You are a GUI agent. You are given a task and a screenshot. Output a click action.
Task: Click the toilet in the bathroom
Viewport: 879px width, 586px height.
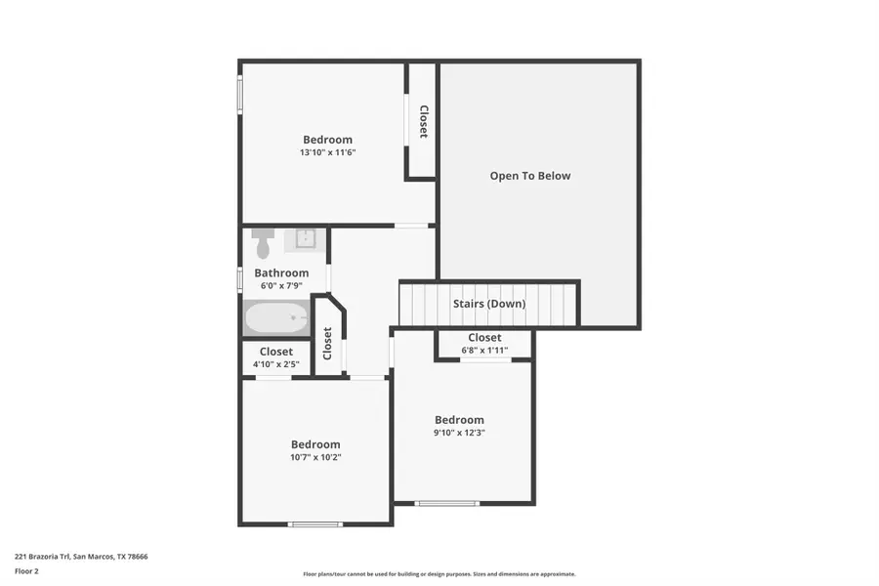pyautogui.click(x=262, y=243)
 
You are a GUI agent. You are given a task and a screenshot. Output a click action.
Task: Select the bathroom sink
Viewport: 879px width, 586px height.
pyautogui.click(x=305, y=238)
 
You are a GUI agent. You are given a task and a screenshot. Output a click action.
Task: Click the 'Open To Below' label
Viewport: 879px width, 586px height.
pyautogui.click(x=530, y=176)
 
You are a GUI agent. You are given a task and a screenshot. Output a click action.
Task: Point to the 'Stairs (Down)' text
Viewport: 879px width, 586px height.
pyautogui.click(x=489, y=304)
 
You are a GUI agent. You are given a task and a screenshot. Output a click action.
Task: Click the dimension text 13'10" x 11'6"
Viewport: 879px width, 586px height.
pyautogui.click(x=327, y=152)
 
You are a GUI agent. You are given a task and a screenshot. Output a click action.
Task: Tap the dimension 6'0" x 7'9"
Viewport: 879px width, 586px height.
pyautogui.click(x=281, y=286)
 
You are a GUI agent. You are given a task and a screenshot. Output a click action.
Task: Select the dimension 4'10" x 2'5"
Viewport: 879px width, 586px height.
pyautogui.click(x=275, y=365)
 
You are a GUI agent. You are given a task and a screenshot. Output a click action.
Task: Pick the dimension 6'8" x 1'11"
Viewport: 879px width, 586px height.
pyautogui.click(x=484, y=351)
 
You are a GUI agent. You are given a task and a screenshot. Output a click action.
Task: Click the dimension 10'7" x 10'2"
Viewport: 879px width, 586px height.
pyautogui.click(x=315, y=457)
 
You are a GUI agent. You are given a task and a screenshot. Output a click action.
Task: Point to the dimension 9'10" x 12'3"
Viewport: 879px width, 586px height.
pyautogui.click(x=459, y=433)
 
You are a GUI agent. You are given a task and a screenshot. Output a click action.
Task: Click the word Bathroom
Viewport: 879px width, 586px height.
pyautogui.click(x=281, y=273)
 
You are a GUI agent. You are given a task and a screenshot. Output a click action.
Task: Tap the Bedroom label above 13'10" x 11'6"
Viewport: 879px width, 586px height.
pyautogui.click(x=327, y=140)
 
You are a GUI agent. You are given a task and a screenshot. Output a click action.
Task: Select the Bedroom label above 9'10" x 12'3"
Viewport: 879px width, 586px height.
pyautogui.click(x=459, y=420)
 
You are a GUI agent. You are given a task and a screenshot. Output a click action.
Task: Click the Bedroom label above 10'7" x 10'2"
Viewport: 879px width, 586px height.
pyautogui.click(x=315, y=444)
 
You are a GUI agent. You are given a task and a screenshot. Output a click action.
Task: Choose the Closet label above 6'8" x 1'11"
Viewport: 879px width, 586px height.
pyautogui.click(x=484, y=338)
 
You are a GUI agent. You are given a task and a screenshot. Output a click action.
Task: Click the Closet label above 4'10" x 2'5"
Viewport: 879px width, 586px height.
pyautogui.click(x=275, y=352)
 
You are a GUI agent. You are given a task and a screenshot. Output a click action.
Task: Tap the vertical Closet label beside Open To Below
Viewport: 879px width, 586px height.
pyautogui.click(x=423, y=121)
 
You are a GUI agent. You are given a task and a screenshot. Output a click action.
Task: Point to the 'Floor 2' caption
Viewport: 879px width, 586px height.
pyautogui.click(x=26, y=570)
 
